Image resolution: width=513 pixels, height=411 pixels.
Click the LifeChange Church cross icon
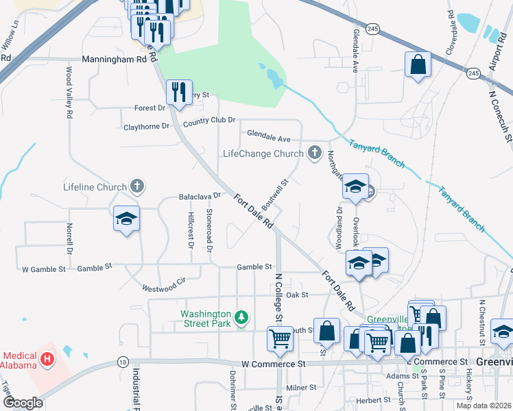pos(315,153)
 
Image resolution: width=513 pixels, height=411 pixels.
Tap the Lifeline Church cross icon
pos(138,186)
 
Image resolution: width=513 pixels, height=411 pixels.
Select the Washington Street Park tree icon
pos(241,317)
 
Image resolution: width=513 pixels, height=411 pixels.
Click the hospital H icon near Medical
pos(47,358)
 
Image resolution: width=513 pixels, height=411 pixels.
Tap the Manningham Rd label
pos(115,60)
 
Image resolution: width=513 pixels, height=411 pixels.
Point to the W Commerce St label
pos(272,364)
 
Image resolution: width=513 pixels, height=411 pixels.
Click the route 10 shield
pos(122,361)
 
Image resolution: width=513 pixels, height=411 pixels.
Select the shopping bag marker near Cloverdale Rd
pos(418,64)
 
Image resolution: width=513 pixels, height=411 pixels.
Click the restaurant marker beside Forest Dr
pos(179,92)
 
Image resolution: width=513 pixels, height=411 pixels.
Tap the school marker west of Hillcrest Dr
pos(127,219)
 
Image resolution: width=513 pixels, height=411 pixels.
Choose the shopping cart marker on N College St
pos(280,338)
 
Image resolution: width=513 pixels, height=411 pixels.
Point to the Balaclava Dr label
pos(200,195)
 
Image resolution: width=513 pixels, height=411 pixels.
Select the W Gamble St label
pos(44,269)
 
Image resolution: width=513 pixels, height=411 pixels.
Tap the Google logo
pos(23,403)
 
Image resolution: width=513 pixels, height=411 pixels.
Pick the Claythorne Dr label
pos(146,127)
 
